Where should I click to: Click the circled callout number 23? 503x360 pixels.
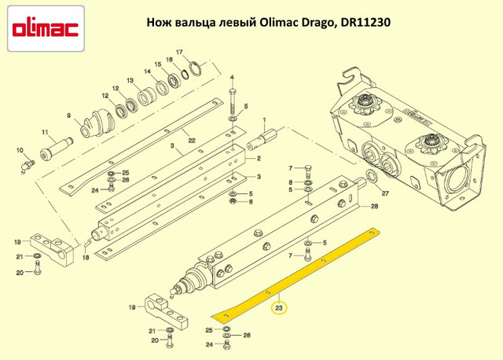click(280, 308)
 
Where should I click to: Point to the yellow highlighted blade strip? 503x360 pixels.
click(299, 267)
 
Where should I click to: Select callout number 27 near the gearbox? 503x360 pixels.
click(384, 193)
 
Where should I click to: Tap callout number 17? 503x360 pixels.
click(179, 52)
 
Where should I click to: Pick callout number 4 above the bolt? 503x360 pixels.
click(233, 78)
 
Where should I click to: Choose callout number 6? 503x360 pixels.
click(251, 203)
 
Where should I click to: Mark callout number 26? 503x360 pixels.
click(247, 335)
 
